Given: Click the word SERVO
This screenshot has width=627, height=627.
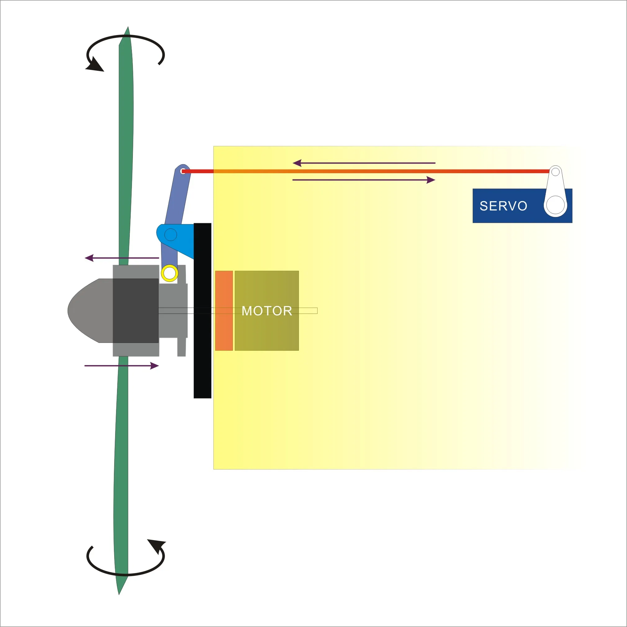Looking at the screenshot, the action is click(x=503, y=206).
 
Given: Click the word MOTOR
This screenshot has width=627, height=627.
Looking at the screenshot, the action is click(x=267, y=311).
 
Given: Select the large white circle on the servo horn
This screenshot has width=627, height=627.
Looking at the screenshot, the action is click(x=555, y=205).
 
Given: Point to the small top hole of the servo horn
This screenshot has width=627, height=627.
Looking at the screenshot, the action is click(x=555, y=172).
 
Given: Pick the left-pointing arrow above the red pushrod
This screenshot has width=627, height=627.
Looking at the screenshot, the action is click(x=364, y=163).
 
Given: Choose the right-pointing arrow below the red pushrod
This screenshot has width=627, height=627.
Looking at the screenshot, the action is click(x=364, y=180).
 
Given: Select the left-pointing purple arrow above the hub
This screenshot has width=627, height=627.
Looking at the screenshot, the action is click(x=122, y=258).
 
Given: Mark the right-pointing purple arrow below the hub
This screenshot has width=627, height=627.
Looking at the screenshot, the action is click(x=122, y=366).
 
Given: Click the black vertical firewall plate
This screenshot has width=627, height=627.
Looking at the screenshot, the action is click(x=202, y=311).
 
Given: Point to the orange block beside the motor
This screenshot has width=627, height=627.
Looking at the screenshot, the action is click(x=224, y=311).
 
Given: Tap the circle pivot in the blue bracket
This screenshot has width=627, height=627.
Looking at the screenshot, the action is click(x=171, y=235).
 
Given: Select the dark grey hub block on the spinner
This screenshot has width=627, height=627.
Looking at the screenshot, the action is click(x=136, y=311).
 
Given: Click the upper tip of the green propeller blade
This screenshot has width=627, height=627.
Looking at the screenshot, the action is click(x=128, y=27).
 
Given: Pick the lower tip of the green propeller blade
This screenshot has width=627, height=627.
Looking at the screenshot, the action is click(x=119, y=594).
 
